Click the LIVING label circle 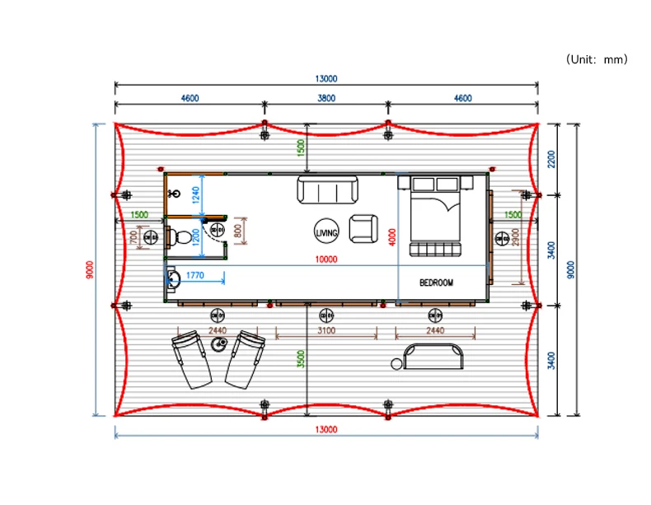[326, 219]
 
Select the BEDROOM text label [436, 283]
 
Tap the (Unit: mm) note [597, 59]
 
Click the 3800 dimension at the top [326, 98]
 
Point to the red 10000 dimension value [326, 260]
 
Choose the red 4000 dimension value [392, 237]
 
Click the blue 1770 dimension [194, 275]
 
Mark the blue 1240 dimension [196, 195]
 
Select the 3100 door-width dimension [326, 330]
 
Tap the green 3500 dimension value [301, 359]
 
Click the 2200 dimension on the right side [551, 159]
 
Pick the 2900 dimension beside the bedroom [515, 237]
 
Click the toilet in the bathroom [180, 237]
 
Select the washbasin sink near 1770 [173, 279]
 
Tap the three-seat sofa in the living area [328, 189]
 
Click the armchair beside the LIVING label [363, 228]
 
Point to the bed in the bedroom [435, 216]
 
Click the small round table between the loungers [219, 344]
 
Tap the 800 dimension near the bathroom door [238, 231]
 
